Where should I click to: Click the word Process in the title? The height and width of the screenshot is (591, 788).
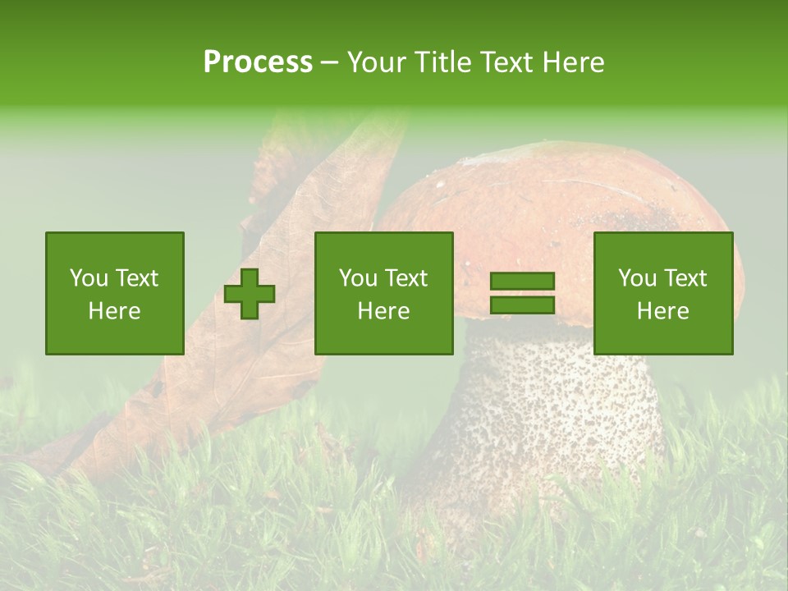pyautogui.click(x=258, y=62)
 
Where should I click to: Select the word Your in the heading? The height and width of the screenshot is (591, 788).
pyautogui.click(x=377, y=62)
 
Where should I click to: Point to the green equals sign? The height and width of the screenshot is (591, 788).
pyautogui.click(x=522, y=293)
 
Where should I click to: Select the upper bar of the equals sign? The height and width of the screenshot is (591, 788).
pyautogui.click(x=522, y=282)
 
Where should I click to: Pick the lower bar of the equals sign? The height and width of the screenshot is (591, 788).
pyautogui.click(x=522, y=305)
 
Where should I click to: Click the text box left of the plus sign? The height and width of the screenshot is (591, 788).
pyautogui.click(x=115, y=293)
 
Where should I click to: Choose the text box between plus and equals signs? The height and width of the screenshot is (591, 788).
pyautogui.click(x=384, y=293)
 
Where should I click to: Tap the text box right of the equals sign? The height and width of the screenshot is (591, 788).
pyautogui.click(x=663, y=293)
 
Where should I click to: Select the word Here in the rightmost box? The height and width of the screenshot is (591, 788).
pyautogui.click(x=663, y=311)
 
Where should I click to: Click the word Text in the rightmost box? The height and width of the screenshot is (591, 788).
pyautogui.click(x=684, y=278)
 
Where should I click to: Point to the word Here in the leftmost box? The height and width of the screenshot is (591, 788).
pyautogui.click(x=115, y=311)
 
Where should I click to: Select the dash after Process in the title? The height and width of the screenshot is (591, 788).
pyautogui.click(x=330, y=62)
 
